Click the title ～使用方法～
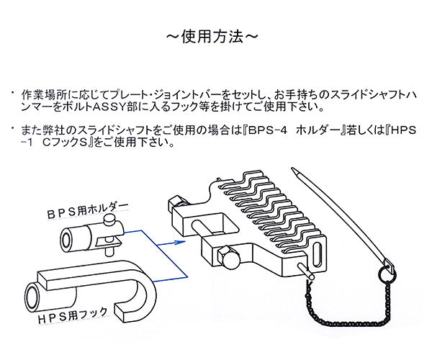(x=215, y=34)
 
